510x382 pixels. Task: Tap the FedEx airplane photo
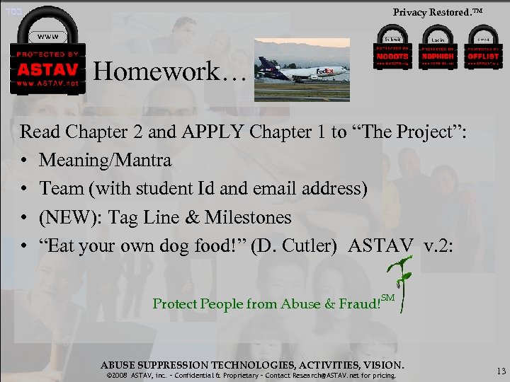303,69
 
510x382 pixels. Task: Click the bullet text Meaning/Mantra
105,160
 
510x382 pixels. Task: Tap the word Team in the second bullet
59,188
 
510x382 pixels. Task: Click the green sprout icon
402,283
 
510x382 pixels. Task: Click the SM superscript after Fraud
387,298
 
